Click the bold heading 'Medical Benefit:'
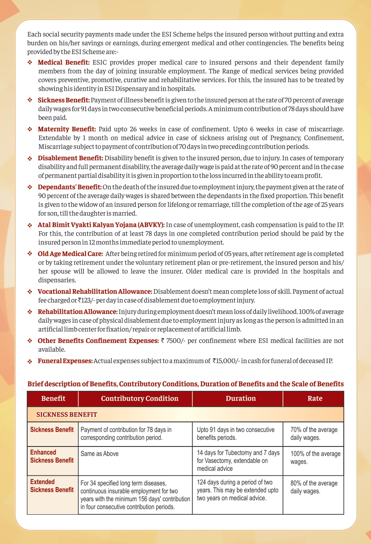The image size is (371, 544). (64, 62)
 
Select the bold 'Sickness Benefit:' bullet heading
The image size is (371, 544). (64, 100)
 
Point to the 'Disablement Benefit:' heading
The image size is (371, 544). (70, 158)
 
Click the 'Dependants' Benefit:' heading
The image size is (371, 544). (70, 187)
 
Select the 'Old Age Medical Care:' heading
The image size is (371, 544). (70, 254)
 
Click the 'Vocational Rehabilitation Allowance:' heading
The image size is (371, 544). (95, 291)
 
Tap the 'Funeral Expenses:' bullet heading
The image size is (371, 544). (65, 361)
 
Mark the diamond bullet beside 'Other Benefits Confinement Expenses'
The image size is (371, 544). (30, 341)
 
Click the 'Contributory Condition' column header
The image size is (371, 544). (139, 399)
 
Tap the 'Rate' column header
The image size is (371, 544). (314, 399)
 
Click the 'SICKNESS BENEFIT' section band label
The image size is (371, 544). (67, 415)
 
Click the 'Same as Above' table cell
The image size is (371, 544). (100, 454)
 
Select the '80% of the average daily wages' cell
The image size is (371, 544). (314, 488)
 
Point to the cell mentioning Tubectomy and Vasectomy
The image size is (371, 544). (238, 461)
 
